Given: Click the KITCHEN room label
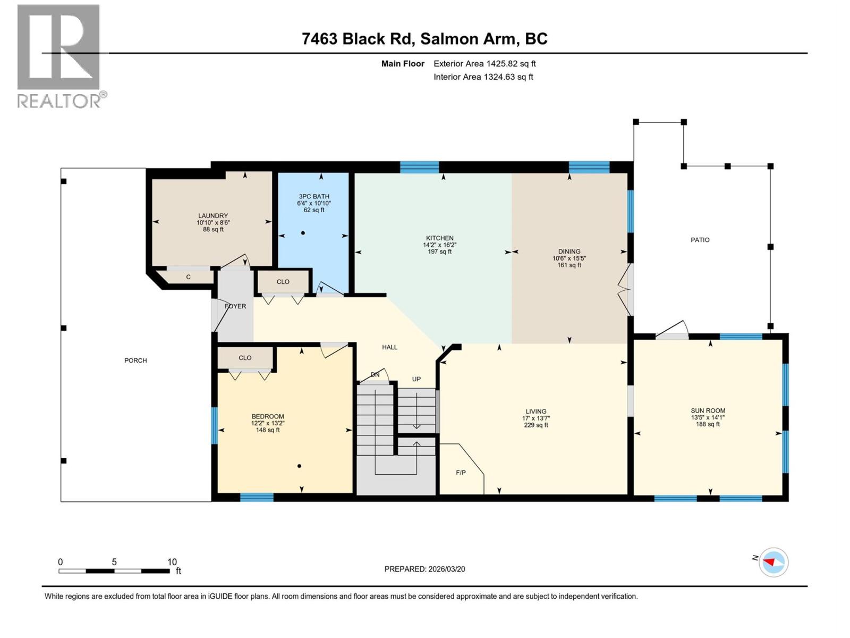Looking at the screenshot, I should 439,238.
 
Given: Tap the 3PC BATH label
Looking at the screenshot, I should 313,196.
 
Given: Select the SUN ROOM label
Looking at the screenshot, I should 708,410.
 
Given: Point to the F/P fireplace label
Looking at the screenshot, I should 461,472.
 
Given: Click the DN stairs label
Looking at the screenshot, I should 375,375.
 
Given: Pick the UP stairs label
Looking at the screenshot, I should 416,379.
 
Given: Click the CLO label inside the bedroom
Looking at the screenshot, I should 245,358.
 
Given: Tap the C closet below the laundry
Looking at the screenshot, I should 188,277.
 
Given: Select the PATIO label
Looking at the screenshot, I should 700,240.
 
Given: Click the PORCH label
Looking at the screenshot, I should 135,360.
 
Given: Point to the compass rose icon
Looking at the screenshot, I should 773,562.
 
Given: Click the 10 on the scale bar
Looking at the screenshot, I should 172,562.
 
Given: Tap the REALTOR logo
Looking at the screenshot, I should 59,56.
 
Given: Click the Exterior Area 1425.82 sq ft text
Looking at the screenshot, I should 484,64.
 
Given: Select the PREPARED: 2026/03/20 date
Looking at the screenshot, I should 424,569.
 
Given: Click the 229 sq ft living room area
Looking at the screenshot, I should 535,425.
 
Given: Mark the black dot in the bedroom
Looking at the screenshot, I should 299,466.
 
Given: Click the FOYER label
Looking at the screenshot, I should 235,306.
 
